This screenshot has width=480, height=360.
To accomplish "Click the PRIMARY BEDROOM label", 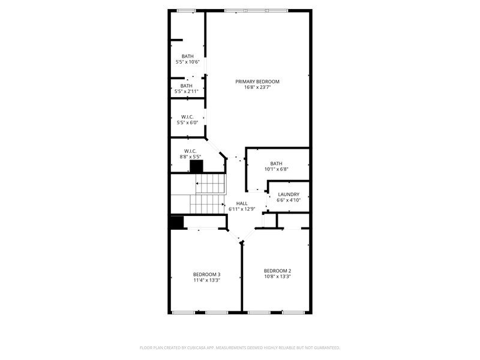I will [x=257, y=82].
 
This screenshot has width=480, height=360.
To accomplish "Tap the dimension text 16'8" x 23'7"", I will [x=257, y=88].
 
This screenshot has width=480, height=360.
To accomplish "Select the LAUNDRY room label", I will [x=288, y=194].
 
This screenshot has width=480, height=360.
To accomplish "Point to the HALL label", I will [x=242, y=203].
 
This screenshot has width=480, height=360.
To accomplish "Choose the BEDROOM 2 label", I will [x=277, y=271].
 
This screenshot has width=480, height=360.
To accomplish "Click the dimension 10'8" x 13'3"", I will [x=277, y=277].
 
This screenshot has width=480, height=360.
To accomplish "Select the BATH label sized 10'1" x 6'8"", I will [x=276, y=163].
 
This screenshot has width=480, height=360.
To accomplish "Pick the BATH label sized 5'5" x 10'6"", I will [x=188, y=56].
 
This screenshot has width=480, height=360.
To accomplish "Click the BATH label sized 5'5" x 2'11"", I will [x=187, y=86].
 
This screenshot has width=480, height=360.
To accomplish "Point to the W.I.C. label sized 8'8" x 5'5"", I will [x=190, y=151].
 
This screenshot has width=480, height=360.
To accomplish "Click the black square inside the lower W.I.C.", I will [x=196, y=167].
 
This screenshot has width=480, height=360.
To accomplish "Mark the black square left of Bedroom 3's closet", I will [x=176, y=223].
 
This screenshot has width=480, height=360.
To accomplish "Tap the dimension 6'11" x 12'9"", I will [x=242, y=209].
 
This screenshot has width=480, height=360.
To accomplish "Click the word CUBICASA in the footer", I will [x=210, y=347].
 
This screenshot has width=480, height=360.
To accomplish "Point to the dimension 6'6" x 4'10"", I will [x=288, y=200].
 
